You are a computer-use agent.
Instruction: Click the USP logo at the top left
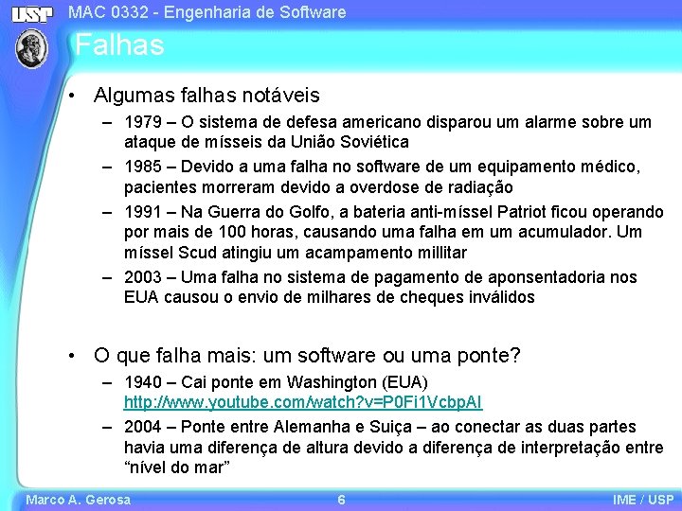32,12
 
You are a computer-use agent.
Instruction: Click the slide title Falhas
119,44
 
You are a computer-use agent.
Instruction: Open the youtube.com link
302,403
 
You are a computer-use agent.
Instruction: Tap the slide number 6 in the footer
341,500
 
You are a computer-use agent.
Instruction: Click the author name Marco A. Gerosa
78,500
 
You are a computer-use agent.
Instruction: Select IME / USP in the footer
643,500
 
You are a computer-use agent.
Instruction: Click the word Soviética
373,142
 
